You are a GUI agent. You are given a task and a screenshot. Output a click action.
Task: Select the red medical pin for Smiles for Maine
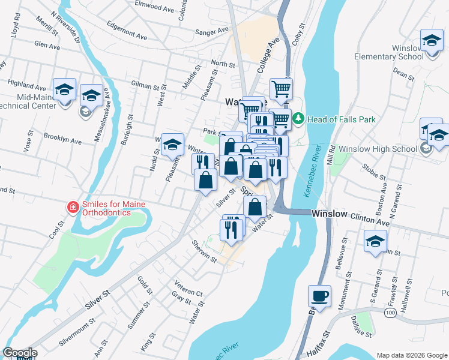73,208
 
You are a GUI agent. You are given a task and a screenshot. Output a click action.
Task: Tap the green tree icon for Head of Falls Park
298,119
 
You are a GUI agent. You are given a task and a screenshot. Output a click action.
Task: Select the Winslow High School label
378,149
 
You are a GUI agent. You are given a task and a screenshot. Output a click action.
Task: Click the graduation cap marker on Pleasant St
172,145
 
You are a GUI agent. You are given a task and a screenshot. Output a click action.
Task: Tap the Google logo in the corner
20,353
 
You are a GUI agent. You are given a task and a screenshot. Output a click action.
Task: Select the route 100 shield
391,313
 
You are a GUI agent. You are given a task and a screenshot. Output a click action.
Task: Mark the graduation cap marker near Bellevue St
375,242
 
